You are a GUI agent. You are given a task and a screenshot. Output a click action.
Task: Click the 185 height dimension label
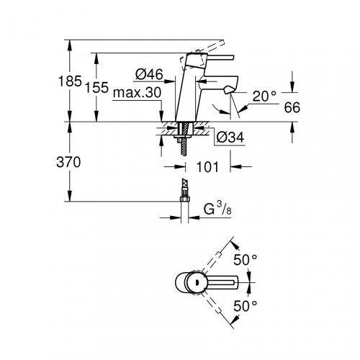tap(70, 81)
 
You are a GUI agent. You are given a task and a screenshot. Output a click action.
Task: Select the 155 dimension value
tap(97, 87)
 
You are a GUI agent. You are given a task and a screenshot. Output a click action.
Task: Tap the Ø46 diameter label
tap(149, 74)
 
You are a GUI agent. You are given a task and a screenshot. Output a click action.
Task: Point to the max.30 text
tap(137, 92)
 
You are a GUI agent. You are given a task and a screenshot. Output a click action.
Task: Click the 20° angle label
tap(264, 96)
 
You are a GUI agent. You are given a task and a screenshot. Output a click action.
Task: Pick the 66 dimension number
tap(292, 107)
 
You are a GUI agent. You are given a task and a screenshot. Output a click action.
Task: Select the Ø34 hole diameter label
tap(230, 138)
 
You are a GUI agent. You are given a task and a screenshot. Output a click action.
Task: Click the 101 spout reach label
tap(207, 167)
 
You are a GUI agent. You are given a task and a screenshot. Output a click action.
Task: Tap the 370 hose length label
tap(68, 162)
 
